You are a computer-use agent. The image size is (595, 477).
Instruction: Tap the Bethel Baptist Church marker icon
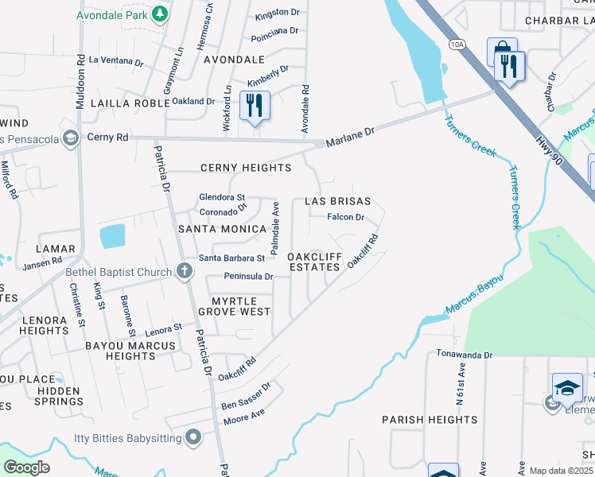184,272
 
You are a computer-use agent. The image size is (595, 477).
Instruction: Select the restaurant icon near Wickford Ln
255,105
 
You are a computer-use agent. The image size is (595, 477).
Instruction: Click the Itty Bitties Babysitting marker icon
192,436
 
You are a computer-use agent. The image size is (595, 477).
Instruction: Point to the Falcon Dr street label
346,217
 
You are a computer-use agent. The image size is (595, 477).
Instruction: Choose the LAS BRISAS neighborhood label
338,201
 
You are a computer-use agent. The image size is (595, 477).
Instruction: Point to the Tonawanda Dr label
465,355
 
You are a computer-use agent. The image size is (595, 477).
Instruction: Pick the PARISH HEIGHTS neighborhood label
430,419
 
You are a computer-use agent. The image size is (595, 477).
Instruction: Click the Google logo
27,467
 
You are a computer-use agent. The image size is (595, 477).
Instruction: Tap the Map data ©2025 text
561,471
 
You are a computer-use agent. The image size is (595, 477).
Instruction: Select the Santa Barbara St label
231,258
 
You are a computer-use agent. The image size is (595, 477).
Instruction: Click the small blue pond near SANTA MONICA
113,236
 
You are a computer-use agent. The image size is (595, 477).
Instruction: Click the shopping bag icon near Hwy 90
502,52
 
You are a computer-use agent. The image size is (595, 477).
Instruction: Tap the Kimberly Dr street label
267,77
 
